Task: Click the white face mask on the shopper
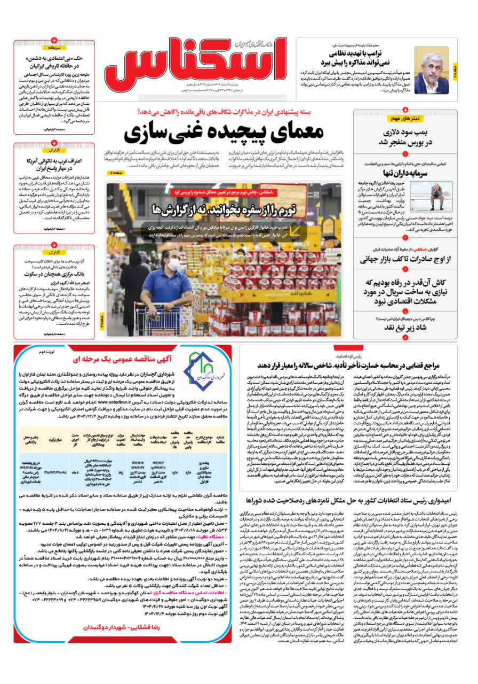point(174,264)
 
